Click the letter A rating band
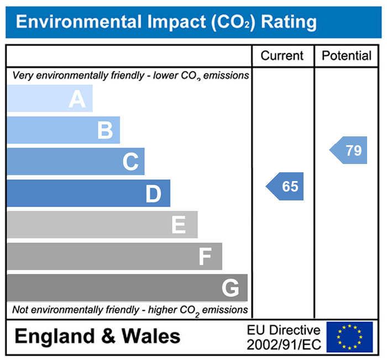[x=50, y=99]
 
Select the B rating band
[x=64, y=130]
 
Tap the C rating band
[x=76, y=162]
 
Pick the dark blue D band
[x=88, y=193]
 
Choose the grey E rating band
[x=102, y=225]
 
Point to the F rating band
[x=114, y=256]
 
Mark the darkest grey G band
[x=127, y=288]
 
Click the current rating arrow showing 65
[x=285, y=187]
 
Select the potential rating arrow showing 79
[x=349, y=150]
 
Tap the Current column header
[x=282, y=56]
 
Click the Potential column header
[x=347, y=56]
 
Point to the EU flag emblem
[x=349, y=337]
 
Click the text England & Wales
[x=97, y=336]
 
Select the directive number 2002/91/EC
[x=284, y=344]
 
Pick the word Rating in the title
[x=289, y=22]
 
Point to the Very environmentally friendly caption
[x=130, y=76]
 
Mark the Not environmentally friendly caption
[x=130, y=310]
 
